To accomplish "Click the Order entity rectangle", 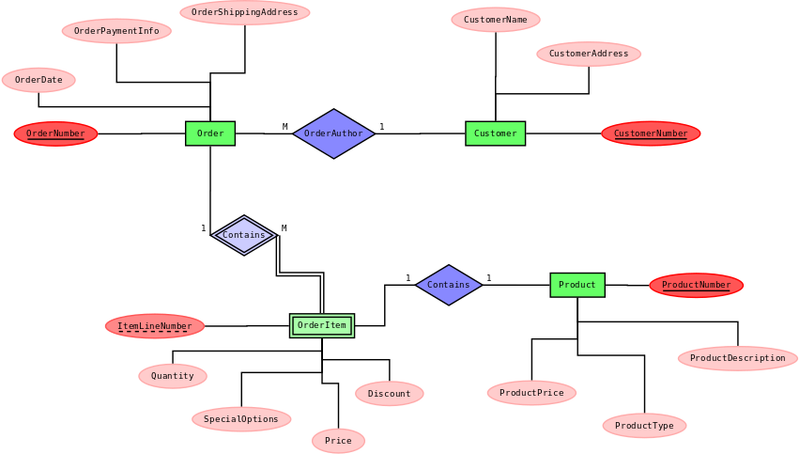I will pyautogui.click(x=210, y=133).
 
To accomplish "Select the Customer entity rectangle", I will pyautogui.click(x=495, y=133).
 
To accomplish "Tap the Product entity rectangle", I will pyautogui.click(x=577, y=285).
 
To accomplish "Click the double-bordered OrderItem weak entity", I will pyautogui.click(x=322, y=325).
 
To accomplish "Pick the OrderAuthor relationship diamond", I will pyautogui.click(x=333, y=133).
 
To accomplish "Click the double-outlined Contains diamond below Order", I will pyautogui.click(x=244, y=235).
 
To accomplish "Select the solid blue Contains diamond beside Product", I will pyautogui.click(x=449, y=285).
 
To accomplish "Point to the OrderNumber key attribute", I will pyautogui.click(x=55, y=133).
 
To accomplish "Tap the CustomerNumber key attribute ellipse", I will pyautogui.click(x=651, y=133).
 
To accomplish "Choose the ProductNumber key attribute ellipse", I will pyautogui.click(x=696, y=285).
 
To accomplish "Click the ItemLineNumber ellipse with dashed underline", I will pyautogui.click(x=154, y=326).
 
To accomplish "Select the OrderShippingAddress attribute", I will pyautogui.click(x=245, y=12).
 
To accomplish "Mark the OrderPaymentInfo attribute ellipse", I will pyautogui.click(x=116, y=31).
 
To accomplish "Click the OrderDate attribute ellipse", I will pyautogui.click(x=38, y=80).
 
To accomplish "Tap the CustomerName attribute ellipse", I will pyautogui.click(x=496, y=20).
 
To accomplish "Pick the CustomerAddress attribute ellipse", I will pyautogui.click(x=589, y=54).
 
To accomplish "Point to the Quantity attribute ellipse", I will pyautogui.click(x=173, y=376).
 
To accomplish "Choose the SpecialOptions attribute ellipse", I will pyautogui.click(x=241, y=419).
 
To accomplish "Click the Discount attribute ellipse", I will pyautogui.click(x=390, y=394).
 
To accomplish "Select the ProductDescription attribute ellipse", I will pyautogui.click(x=737, y=358).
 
